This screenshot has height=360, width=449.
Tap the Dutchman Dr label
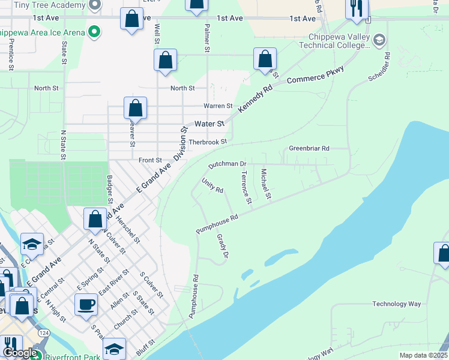pyautogui.click(x=228, y=164)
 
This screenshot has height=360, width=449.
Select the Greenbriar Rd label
pyautogui.click(x=309, y=148)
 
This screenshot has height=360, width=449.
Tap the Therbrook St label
pyautogui.click(x=208, y=142)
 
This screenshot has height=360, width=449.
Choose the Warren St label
pyautogui.click(x=218, y=106)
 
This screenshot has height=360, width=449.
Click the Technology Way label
pyautogui.click(x=397, y=304)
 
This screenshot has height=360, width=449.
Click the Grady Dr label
pyautogui.click(x=222, y=247)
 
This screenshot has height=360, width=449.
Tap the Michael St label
pyautogui.click(x=266, y=185)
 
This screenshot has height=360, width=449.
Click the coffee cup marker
pyautogui.click(x=86, y=304)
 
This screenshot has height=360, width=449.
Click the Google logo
pyautogui.click(x=20, y=353)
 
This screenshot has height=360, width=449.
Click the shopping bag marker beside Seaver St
pyautogui.click(x=136, y=109)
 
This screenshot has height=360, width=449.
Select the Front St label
pyautogui.click(x=151, y=160)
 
